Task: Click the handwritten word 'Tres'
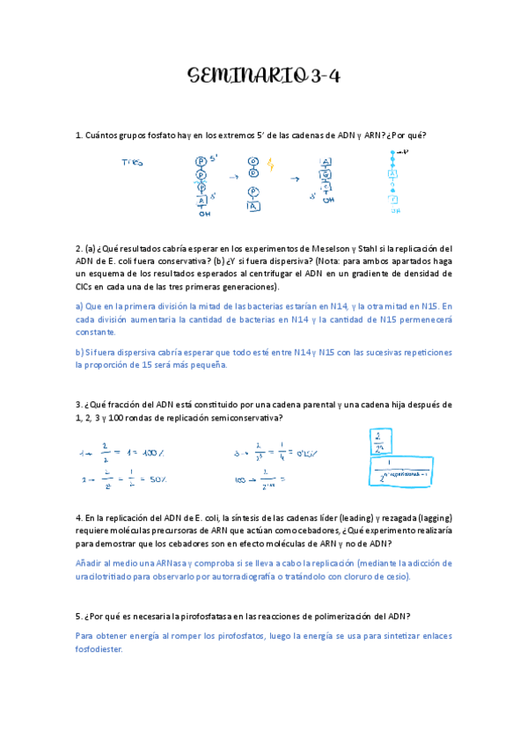click(133, 163)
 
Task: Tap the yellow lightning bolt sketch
click(270, 165)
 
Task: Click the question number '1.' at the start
click(79, 135)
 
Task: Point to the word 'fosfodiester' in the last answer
click(99, 649)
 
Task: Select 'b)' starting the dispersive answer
click(79, 352)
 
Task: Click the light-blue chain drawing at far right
click(393, 180)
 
